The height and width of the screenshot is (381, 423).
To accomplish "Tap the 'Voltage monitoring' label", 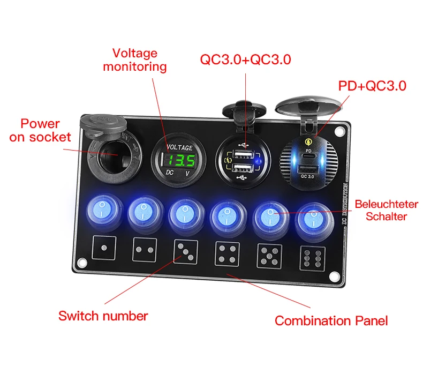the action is [x=134, y=60].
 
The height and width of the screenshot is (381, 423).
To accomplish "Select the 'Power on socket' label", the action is [x=40, y=130].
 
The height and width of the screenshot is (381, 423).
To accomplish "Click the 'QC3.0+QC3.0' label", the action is [x=245, y=59].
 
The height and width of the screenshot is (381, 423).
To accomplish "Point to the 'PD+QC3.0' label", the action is [x=372, y=86].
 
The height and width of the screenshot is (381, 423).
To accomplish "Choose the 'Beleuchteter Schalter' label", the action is [x=382, y=210].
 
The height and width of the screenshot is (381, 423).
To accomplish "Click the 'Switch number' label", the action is [x=103, y=316].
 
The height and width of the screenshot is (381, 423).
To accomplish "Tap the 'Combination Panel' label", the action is [x=331, y=321].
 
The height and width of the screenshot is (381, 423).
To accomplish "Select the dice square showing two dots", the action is [x=143, y=250].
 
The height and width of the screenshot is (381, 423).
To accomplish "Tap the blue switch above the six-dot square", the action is [x=312, y=218].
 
